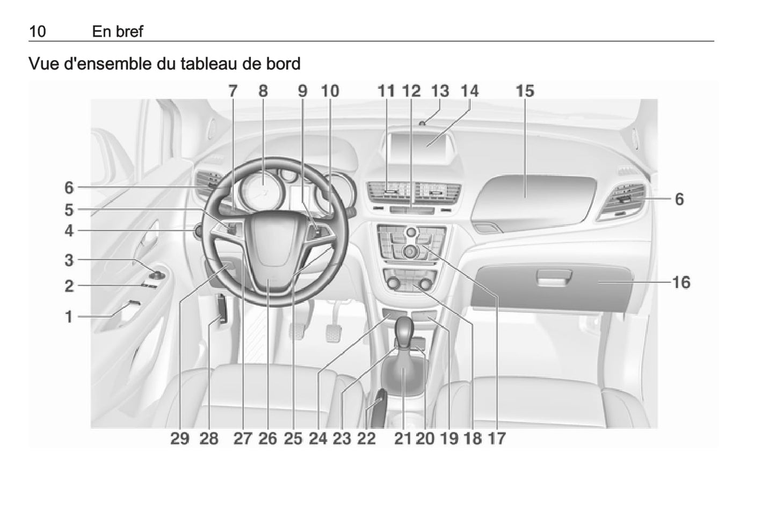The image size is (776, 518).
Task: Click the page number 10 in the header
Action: [x=38, y=32]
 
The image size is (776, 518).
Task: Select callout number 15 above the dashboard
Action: [x=525, y=91]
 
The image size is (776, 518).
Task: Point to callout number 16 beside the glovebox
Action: [x=681, y=282]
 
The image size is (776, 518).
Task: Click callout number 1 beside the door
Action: [x=69, y=317]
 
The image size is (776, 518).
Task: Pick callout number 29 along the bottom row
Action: [x=180, y=439]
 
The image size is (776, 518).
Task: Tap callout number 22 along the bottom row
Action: [x=367, y=439]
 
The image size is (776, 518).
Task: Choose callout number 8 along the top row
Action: [x=263, y=91]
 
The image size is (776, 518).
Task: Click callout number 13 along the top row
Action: [x=440, y=91]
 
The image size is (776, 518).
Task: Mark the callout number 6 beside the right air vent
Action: [x=679, y=199]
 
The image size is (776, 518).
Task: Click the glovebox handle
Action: [x=554, y=278]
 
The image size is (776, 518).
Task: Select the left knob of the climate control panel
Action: [x=393, y=283]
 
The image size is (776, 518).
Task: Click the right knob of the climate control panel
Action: [x=425, y=284]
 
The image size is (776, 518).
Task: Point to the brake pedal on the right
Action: [x=333, y=332]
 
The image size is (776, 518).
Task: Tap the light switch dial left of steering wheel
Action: [x=199, y=231]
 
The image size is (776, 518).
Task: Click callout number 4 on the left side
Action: [x=69, y=231]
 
